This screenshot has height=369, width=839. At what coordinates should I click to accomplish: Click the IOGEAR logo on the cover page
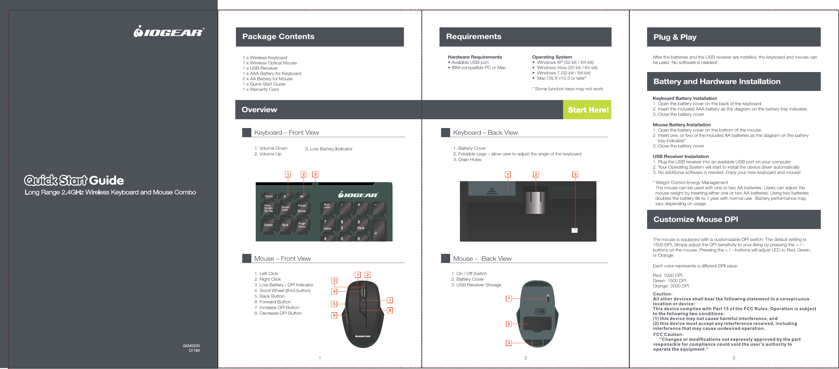pos(169,31)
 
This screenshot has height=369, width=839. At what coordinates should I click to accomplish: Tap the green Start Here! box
pos(588,110)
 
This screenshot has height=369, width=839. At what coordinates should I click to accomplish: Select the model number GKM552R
pos(191,346)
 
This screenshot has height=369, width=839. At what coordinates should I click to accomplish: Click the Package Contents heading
pos(278,36)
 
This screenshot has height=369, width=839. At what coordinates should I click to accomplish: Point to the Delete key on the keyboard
pos(268,225)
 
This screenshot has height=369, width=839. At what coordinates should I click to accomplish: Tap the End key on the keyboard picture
pos(285,225)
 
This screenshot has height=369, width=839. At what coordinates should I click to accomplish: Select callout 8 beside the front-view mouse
pos(389,310)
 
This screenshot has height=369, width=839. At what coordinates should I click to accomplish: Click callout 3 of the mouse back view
pos(509,343)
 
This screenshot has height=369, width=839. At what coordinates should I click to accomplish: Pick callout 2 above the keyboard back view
pos(536,175)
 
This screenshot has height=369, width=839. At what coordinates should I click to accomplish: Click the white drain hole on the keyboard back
pos(574,231)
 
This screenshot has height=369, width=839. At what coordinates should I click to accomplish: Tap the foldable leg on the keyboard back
pos(536,202)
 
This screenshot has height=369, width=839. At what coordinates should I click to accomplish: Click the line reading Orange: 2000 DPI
pos(671,286)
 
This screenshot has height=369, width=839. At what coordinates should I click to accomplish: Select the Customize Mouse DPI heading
pos(695,220)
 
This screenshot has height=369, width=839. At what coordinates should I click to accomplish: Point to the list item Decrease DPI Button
pos(280,313)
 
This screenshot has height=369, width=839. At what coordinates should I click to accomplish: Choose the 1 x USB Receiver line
pos(260,68)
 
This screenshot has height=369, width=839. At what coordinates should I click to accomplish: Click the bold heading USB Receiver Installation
pos(680,157)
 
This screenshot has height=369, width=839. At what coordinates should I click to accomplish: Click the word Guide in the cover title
pos(106,181)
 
